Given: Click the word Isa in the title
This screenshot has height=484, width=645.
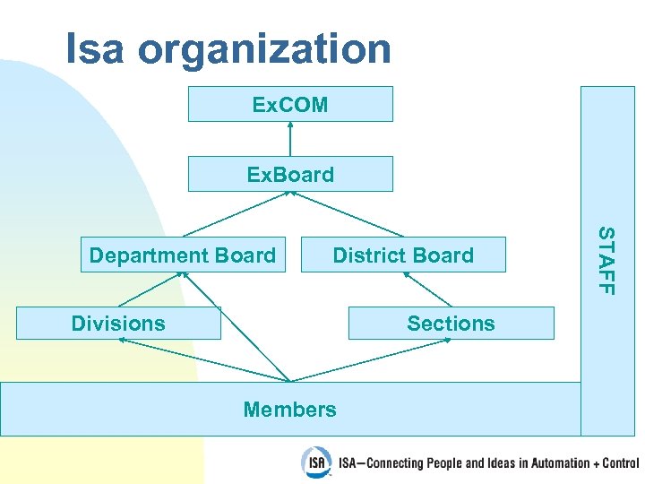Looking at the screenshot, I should click(x=95, y=49).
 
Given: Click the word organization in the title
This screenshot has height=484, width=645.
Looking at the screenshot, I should click(x=264, y=51).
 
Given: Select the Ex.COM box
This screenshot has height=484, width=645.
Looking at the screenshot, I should click(x=290, y=104).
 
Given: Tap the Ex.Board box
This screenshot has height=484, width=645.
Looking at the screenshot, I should click(x=290, y=174).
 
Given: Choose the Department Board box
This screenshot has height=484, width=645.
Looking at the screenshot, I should click(x=183, y=255).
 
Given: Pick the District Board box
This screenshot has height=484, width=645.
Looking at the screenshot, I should click(x=403, y=255).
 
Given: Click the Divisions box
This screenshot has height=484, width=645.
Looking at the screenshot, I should click(x=118, y=323).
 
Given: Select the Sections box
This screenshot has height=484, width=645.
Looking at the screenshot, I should click(x=451, y=323).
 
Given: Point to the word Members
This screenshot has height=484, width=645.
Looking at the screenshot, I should click(x=290, y=410).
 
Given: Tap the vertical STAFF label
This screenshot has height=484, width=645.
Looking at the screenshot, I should click(x=606, y=260).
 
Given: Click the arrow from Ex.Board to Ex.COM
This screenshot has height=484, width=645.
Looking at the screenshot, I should click(x=290, y=139).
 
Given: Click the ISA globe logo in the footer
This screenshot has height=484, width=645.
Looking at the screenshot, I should click(x=315, y=461).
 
